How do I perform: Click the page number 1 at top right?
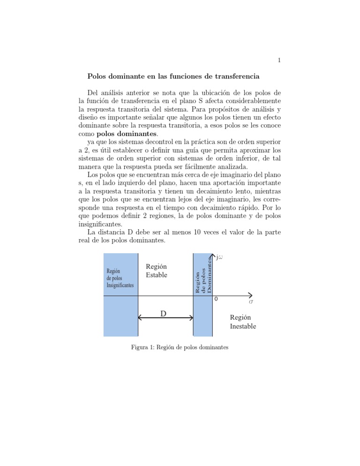pos(279,60)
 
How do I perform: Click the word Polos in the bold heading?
pos(98,76)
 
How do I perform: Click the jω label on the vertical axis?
pos(219,256)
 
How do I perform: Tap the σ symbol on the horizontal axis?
pos(251,302)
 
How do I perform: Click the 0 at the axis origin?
pos(216,299)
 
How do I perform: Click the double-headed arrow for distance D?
pos(165,318)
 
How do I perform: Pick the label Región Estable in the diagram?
pos(157,271)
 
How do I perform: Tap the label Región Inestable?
pos(243,322)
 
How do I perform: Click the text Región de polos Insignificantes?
pos(120,278)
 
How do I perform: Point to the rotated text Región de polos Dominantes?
pos(203,277)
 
